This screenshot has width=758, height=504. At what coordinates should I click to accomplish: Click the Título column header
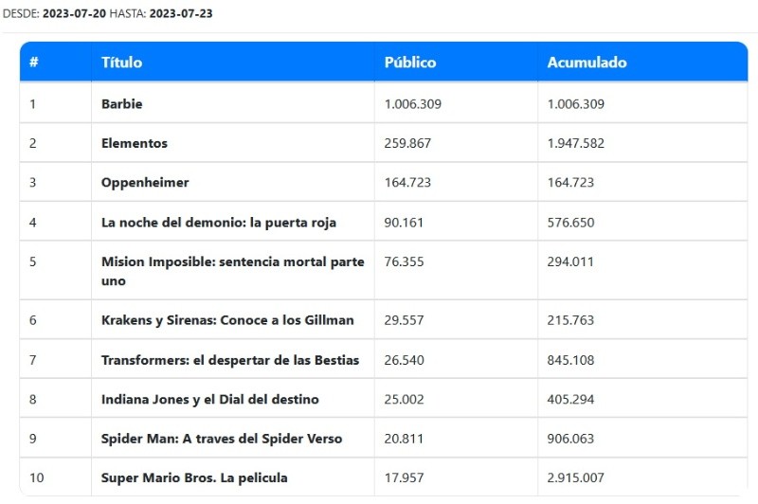pos(121,63)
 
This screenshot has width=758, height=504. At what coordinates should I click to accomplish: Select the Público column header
pos(410,63)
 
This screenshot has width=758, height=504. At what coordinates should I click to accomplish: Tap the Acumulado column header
pos(587,63)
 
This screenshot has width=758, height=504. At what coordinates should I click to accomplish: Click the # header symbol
pos(34,63)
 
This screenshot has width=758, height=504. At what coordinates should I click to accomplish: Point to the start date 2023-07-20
pos(74,13)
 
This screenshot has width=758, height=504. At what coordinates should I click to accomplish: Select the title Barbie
pos(121,104)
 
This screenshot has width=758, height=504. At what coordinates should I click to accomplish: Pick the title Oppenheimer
pos(145,182)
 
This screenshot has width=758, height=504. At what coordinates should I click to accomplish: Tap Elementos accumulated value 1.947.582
pos(576,143)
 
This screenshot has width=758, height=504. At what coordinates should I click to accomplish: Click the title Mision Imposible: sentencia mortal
pos(232,262)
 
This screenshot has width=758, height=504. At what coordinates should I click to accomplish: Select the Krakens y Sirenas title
pos(227,320)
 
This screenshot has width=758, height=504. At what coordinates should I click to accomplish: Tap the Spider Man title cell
pos(222,439)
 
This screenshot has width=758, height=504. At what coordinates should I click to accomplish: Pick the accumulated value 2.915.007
pos(576,477)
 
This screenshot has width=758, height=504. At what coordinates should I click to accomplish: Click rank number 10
pos(37,477)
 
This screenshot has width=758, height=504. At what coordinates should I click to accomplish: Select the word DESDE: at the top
pos(21,13)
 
